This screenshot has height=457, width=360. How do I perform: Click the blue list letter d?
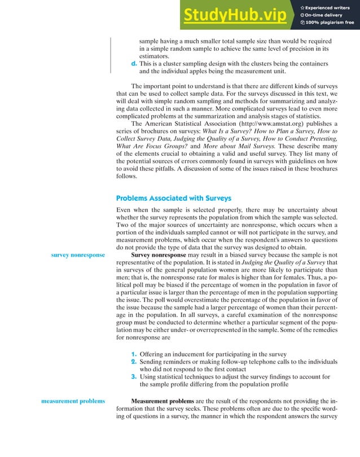(134, 64)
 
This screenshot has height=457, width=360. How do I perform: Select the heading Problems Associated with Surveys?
(173, 198)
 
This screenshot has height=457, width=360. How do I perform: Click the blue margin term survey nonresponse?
(77, 255)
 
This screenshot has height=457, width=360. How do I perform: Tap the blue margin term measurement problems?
(73, 401)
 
